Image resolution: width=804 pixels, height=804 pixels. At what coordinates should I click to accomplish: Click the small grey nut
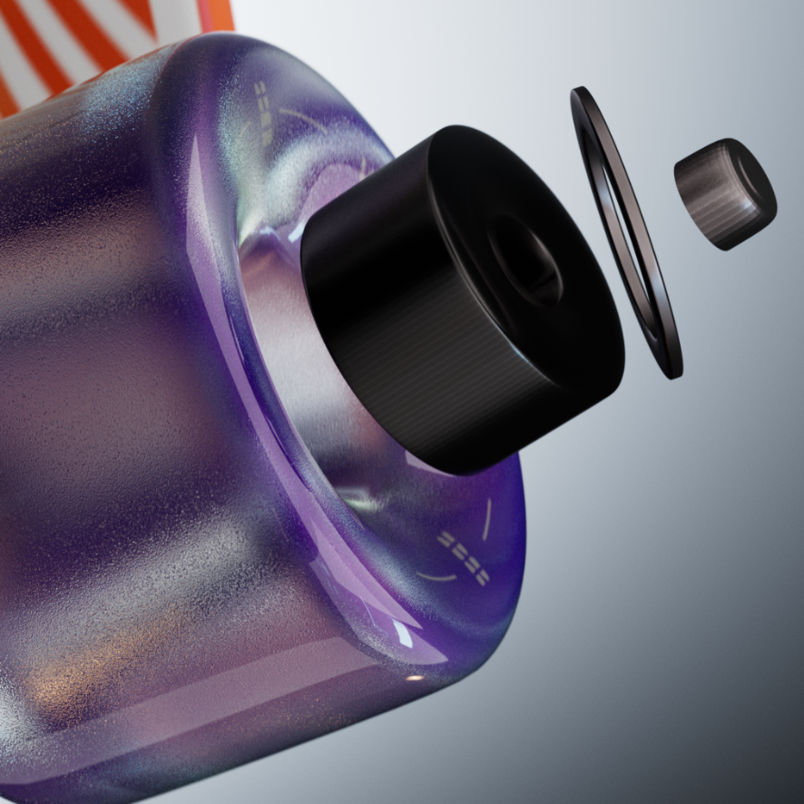(724, 193)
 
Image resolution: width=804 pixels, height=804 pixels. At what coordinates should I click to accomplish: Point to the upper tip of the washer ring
(577, 93)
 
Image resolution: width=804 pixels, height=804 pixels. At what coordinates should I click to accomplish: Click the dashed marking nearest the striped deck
(262, 112)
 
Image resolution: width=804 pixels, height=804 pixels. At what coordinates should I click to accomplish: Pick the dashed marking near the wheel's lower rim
(463, 555)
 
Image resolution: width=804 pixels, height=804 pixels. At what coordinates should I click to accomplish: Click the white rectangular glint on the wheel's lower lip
(401, 635)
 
